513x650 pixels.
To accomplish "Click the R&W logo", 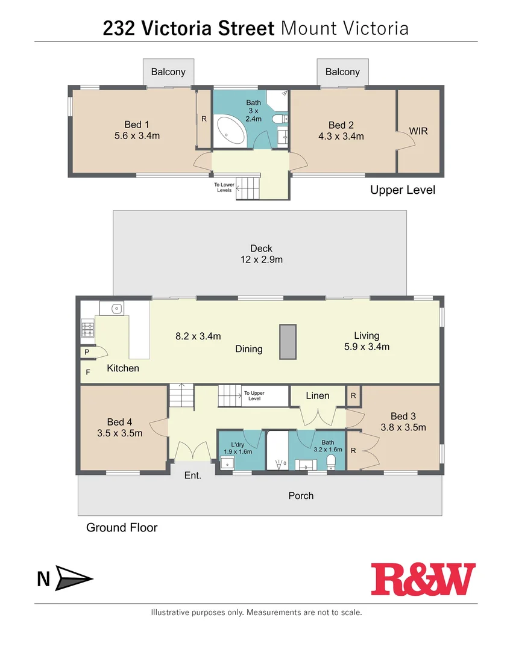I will pos(423,580).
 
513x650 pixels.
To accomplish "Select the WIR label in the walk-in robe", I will pos(418,131).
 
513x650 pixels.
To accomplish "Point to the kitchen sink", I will pos(112,309).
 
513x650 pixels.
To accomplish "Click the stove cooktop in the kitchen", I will pos(87,329).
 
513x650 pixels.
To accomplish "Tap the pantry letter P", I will pos(87,352).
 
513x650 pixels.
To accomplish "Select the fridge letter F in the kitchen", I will pos(88,373).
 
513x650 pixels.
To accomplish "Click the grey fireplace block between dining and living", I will pos(288,342).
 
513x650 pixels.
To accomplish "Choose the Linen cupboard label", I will pos(317,395).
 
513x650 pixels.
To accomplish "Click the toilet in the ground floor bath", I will pos(330,462).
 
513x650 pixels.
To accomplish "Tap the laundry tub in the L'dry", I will pos(227,462).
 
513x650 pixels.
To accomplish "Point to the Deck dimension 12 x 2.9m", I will pos(261,260).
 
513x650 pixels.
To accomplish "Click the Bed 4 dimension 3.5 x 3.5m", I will pos(119,433).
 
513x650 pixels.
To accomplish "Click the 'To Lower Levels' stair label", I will pos(224,188).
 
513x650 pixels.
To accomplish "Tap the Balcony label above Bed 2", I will pos(342,72).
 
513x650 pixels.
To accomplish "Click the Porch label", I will pos(301,495).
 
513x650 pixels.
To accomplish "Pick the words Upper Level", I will pos(402,190).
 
